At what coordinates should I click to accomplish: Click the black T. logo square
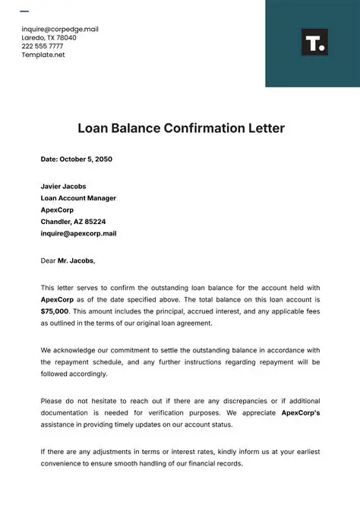point(314,43)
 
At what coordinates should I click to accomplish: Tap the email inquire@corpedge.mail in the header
point(60,29)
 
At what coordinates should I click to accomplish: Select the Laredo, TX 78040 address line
point(49,37)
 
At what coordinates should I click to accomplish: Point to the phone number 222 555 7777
point(43,46)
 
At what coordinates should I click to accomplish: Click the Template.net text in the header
point(43,55)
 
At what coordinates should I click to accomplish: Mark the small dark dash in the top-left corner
point(24,11)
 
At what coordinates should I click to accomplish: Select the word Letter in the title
point(265,128)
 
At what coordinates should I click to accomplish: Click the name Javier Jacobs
point(63,186)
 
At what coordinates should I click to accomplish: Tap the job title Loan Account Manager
point(78,198)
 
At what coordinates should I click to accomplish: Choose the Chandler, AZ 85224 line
point(73,222)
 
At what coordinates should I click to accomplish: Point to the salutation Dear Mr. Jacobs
point(68,260)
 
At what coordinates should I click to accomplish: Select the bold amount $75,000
point(55,311)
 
